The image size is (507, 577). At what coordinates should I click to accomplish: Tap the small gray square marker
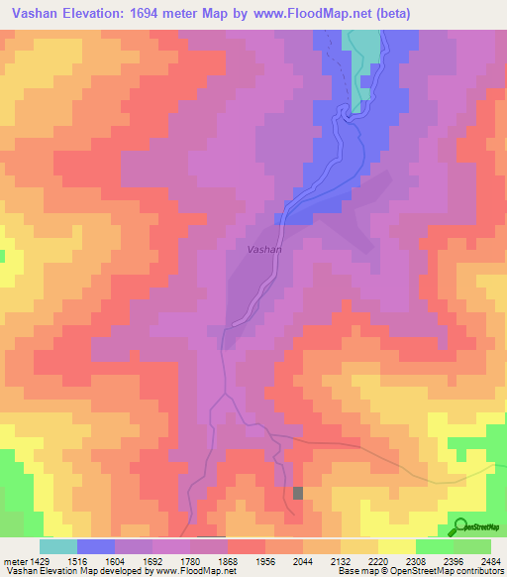click(298, 493)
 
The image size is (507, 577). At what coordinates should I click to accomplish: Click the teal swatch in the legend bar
click(58, 546)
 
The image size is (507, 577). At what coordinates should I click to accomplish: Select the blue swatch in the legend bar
click(96, 546)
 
